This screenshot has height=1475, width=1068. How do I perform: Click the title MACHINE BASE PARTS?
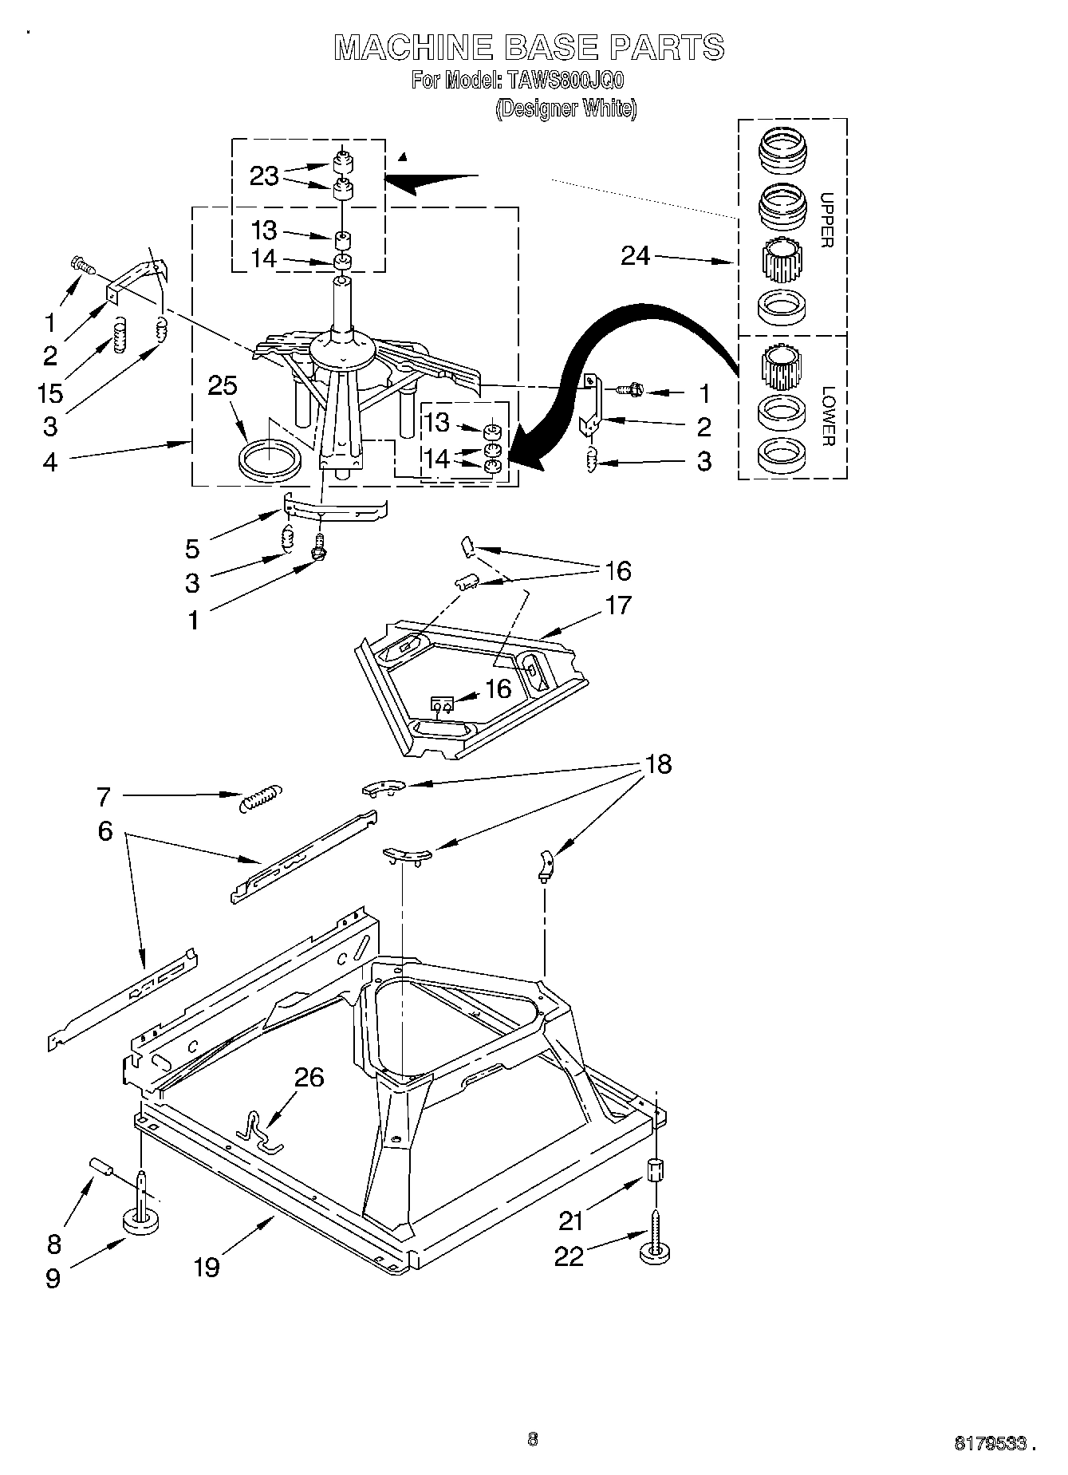(529, 48)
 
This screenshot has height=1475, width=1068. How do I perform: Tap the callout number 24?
(636, 256)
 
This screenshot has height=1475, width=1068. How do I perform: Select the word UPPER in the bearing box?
(827, 219)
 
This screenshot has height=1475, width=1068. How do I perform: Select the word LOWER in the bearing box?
(828, 416)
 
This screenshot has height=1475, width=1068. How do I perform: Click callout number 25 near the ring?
(223, 385)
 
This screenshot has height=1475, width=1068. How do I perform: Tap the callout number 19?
(207, 1266)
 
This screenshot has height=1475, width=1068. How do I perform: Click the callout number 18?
(659, 764)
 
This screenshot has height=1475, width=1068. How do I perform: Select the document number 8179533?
(988, 1441)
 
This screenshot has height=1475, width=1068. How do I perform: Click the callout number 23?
(264, 176)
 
